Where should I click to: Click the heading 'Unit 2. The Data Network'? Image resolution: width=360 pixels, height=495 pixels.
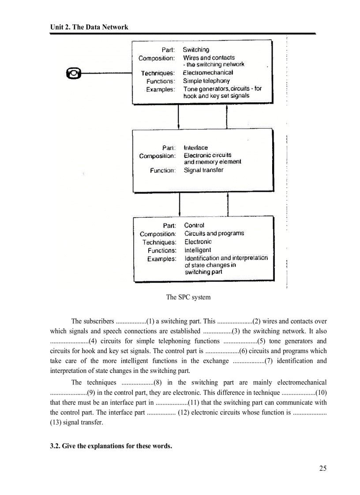pyautogui.click(x=89, y=27)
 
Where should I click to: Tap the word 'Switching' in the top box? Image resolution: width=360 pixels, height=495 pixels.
pyautogui.click(x=196, y=50)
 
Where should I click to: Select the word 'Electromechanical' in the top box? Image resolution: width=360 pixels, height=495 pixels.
pyautogui.click(x=208, y=72)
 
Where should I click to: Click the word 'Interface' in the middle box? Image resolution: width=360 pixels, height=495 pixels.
pyautogui.click(x=195, y=148)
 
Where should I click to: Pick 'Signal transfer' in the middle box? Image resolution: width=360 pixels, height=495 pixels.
pyautogui.click(x=203, y=170)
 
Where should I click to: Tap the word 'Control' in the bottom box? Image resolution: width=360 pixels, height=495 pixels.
pyautogui.click(x=194, y=225)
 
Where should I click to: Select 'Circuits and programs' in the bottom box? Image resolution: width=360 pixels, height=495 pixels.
pyautogui.click(x=214, y=233)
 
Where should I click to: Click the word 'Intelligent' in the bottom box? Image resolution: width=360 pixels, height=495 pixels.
pyautogui.click(x=198, y=250)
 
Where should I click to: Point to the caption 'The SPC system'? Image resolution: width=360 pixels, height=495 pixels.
pyautogui.click(x=188, y=297)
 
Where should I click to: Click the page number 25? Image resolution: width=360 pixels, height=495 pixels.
pyautogui.click(x=323, y=468)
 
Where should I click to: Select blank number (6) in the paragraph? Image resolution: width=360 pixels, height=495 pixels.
pyautogui.click(x=222, y=351)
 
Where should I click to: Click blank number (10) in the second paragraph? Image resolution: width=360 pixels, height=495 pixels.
pyautogui.click(x=304, y=393)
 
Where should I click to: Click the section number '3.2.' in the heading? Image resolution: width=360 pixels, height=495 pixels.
pyautogui.click(x=55, y=446)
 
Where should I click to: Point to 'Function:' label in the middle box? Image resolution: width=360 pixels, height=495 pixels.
pyautogui.click(x=162, y=170)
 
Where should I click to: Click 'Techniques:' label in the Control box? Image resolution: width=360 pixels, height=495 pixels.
pyautogui.click(x=159, y=242)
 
